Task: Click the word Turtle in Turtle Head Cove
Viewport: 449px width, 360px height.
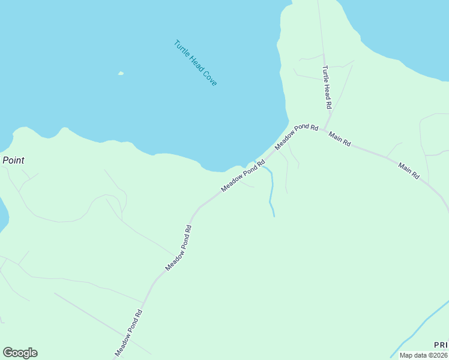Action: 181,48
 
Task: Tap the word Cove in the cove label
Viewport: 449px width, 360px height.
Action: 209,79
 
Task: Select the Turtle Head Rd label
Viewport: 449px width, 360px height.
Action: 327,87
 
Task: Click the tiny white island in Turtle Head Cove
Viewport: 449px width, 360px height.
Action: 121,74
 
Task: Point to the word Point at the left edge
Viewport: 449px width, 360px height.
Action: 13,160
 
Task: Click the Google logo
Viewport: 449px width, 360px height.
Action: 20,353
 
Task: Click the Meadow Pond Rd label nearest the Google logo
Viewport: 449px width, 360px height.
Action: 129,333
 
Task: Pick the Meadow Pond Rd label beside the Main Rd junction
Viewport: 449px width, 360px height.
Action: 296,137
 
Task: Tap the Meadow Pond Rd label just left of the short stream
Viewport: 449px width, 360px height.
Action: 243,175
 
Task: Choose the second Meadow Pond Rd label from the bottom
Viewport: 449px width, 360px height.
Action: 178,247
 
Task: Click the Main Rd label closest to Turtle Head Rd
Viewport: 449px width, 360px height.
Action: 340,139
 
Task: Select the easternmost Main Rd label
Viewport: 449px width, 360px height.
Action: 409,170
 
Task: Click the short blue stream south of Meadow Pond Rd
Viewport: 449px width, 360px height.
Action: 271,192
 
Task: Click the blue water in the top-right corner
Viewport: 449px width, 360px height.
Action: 408,30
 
